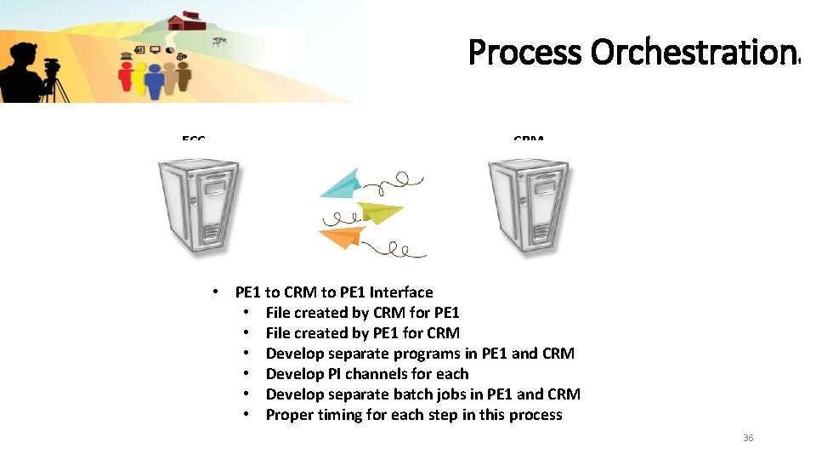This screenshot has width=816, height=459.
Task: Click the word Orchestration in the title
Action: [692, 53]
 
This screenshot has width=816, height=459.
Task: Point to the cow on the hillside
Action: [220, 40]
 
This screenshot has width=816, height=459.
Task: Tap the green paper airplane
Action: [379, 212]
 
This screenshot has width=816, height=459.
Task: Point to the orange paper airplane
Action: [343, 239]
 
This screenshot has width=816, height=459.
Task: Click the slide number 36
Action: [748, 438]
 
